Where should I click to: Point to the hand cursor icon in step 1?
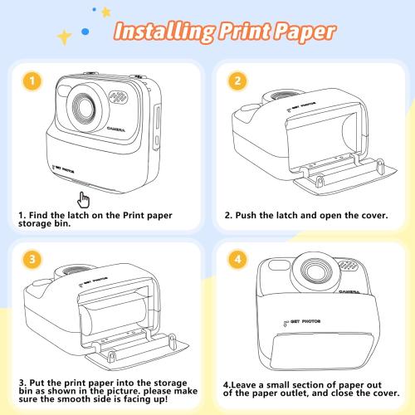coord(83,201)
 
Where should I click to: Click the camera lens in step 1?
coord(85,108)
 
